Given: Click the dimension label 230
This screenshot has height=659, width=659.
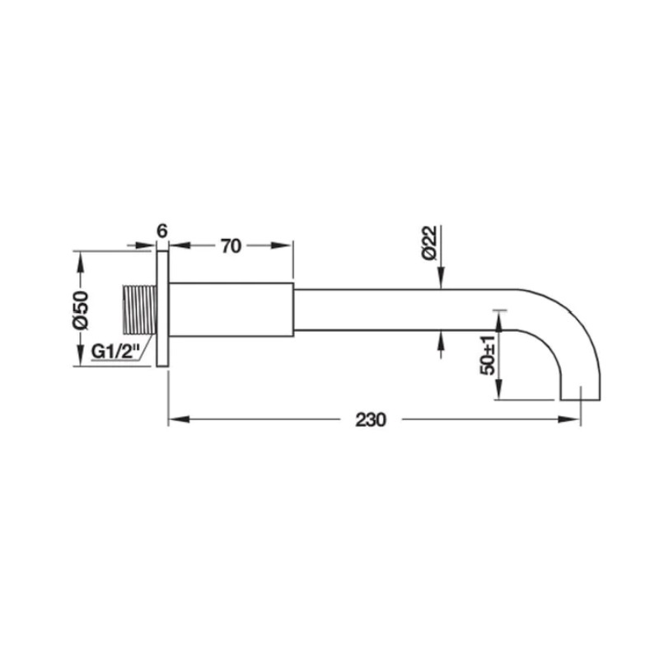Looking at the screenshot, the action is (370, 420).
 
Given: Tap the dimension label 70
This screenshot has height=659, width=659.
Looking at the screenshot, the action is (231, 246).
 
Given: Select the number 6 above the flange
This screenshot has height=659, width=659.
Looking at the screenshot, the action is (161, 231).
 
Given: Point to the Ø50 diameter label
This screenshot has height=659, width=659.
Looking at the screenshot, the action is (80, 309).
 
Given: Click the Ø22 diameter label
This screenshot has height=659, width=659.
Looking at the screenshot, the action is (430, 242).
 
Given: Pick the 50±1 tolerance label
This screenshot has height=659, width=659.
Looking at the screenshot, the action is (488, 356).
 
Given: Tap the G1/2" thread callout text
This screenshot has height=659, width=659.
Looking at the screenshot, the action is (115, 351).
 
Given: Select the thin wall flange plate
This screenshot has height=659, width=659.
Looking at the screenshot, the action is (162, 309).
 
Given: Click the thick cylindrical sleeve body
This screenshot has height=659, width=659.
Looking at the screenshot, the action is (231, 310).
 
